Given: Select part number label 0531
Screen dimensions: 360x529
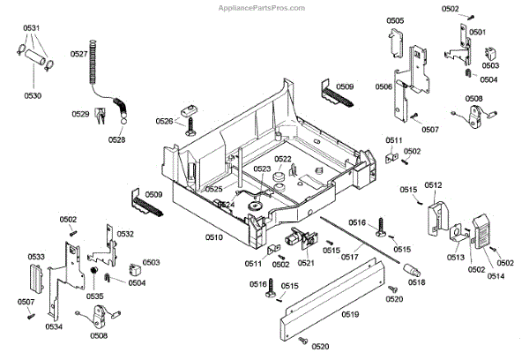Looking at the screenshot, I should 32,28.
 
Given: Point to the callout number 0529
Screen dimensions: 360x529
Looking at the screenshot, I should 80,114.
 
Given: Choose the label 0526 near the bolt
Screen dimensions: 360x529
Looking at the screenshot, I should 164,121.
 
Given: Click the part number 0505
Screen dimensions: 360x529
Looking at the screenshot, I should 395,20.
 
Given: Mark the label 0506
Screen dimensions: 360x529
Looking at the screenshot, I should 384,86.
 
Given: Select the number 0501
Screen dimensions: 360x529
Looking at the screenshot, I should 477,32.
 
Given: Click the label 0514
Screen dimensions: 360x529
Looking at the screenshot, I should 471,278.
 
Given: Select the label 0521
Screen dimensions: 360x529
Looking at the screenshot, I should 306,263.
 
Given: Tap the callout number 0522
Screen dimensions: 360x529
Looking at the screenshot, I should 282,160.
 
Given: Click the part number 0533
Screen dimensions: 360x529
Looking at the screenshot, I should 36,257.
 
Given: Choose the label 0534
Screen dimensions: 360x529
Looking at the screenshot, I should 54,326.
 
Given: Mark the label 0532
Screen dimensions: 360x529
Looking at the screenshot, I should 125,234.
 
